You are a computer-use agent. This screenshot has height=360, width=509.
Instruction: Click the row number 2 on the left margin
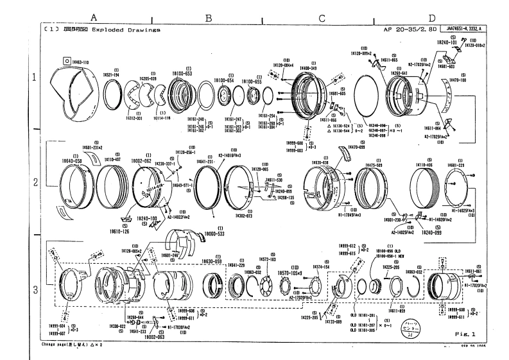(35, 182)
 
